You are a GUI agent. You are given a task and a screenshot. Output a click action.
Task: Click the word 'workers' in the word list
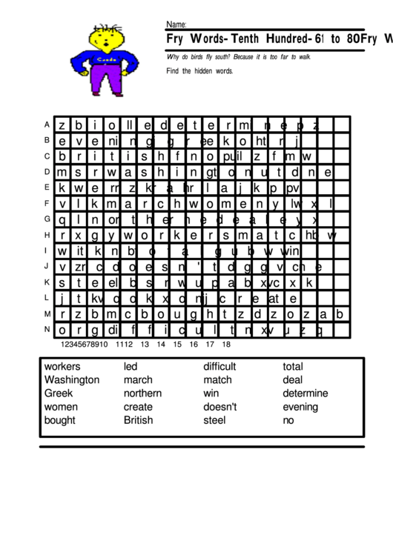pyautogui.click(x=62, y=366)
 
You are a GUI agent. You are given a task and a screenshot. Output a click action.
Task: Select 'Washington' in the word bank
pyautogui.click(x=72, y=379)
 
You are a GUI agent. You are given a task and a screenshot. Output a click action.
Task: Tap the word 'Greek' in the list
pyautogui.click(x=59, y=393)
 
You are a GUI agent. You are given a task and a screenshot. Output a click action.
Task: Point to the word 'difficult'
pyautogui.click(x=219, y=366)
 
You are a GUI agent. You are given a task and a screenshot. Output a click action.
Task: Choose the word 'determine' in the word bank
pyautogui.click(x=305, y=393)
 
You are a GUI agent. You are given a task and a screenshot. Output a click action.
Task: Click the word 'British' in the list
pyautogui.click(x=139, y=419)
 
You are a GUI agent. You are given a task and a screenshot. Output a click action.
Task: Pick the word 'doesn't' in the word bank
pyautogui.click(x=220, y=406)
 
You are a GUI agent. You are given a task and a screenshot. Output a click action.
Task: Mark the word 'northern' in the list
pyautogui.click(x=143, y=393)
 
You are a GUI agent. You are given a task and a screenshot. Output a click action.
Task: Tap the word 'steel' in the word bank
pyautogui.click(x=214, y=419)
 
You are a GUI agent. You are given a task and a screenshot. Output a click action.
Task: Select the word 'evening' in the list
pyautogui.click(x=300, y=406)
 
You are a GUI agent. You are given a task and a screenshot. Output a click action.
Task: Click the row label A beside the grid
pyautogui.click(x=47, y=124)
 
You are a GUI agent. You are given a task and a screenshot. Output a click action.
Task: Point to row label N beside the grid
pyautogui.click(x=47, y=329)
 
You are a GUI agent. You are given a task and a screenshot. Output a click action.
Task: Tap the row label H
pyautogui.click(x=47, y=234)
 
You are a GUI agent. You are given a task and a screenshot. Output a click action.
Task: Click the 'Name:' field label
pyautogui.click(x=176, y=24)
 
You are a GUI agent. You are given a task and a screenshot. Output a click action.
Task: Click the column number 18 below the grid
pyautogui.click(x=226, y=344)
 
